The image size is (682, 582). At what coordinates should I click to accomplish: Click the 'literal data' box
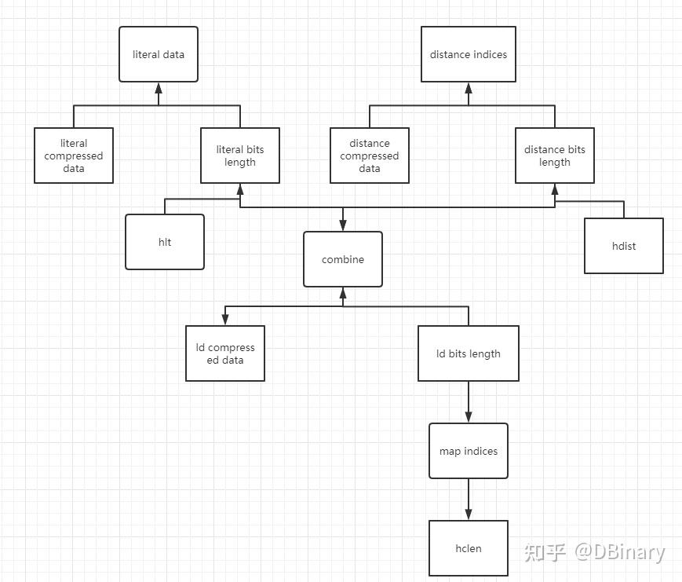[159, 54]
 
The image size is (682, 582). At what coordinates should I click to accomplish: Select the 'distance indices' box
[469, 54]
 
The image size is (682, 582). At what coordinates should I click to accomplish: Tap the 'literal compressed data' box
[74, 156]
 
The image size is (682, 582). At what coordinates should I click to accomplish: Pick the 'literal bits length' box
[240, 156]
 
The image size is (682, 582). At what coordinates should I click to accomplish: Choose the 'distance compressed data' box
[370, 156]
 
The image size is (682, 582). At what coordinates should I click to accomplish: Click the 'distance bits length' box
[555, 156]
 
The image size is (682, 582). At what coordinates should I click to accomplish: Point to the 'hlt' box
[165, 242]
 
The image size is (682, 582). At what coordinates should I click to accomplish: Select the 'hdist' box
[624, 246]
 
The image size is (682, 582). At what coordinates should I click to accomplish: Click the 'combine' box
[343, 259]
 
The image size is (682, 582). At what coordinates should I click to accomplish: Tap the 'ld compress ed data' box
[225, 353]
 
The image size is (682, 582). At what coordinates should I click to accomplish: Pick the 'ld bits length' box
[469, 353]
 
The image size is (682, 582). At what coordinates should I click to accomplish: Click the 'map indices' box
[469, 451]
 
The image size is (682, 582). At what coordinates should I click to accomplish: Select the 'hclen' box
[469, 548]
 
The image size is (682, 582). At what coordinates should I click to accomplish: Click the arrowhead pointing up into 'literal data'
[159, 88]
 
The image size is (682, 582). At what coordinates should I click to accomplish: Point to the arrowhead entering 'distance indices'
[469, 88]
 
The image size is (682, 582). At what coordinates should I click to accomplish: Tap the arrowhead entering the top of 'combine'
[343, 225]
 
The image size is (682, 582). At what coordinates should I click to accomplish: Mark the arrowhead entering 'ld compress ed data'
[225, 320]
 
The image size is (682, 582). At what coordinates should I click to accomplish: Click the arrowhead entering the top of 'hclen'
[469, 514]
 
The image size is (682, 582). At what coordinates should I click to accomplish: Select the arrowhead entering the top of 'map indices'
[469, 416]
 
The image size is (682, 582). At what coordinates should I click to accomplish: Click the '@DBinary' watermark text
[620, 552]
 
